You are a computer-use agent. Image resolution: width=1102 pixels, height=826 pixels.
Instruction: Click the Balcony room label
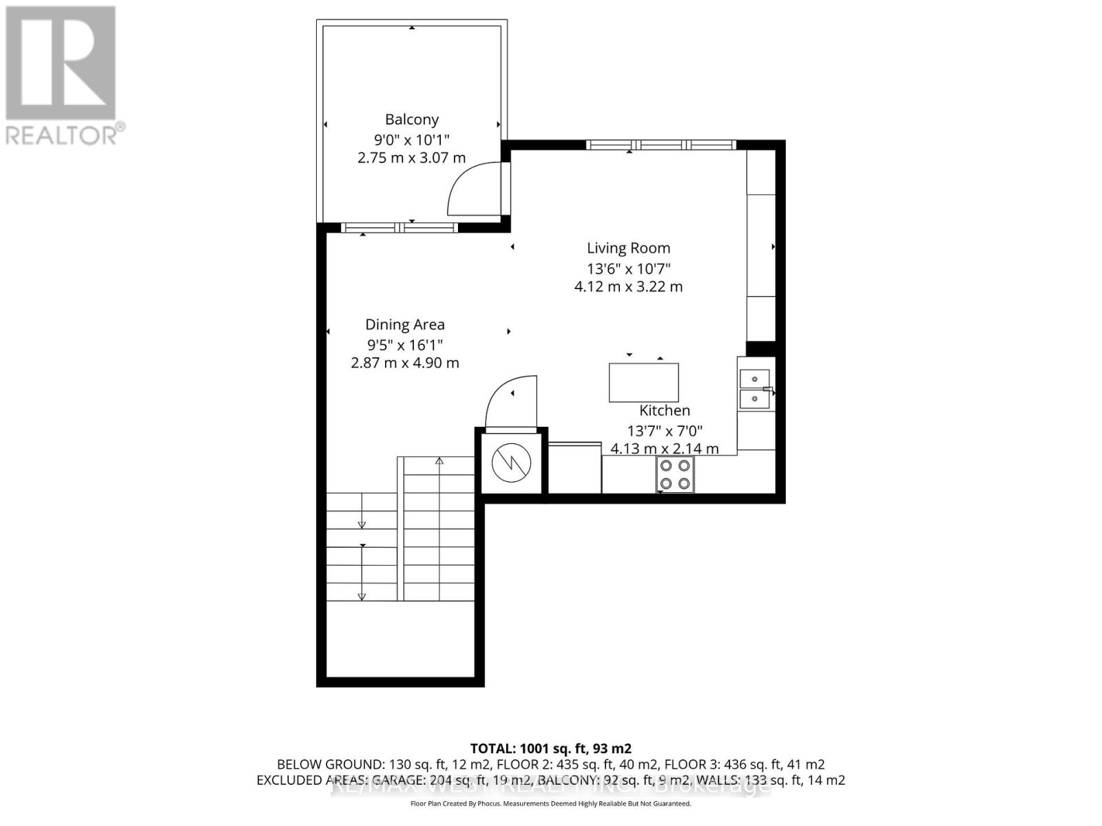(x=412, y=120)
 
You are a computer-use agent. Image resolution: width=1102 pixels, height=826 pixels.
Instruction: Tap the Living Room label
(x=628, y=248)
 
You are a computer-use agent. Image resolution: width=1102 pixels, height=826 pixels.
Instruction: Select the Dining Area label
(x=405, y=325)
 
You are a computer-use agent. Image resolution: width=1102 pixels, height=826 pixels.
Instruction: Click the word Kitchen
(x=665, y=411)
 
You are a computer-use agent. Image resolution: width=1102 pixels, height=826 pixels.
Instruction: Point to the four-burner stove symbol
(x=675, y=475)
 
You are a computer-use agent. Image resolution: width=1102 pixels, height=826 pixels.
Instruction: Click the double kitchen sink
(x=755, y=389)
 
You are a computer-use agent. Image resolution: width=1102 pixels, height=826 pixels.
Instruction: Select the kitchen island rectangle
(x=643, y=383)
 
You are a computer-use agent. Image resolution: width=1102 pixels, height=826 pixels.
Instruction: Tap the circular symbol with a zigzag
(x=512, y=463)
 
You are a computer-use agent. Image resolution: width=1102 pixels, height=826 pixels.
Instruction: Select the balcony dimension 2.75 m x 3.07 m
(x=412, y=158)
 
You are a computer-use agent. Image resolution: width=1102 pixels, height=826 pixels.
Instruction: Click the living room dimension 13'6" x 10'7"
(x=628, y=268)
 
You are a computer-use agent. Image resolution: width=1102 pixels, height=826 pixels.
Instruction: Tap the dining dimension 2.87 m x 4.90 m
(x=405, y=363)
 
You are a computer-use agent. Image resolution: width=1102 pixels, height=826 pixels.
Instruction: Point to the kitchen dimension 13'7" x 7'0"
(x=665, y=431)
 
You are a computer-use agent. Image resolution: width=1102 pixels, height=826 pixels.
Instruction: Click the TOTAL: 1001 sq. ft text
(x=550, y=748)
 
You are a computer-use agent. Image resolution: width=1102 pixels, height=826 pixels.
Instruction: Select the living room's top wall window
(x=661, y=145)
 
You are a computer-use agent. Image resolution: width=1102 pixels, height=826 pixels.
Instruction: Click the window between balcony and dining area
(x=399, y=228)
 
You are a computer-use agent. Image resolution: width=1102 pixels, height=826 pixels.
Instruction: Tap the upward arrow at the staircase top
(x=439, y=461)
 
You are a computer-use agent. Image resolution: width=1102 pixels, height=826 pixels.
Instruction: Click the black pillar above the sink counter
(x=761, y=349)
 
